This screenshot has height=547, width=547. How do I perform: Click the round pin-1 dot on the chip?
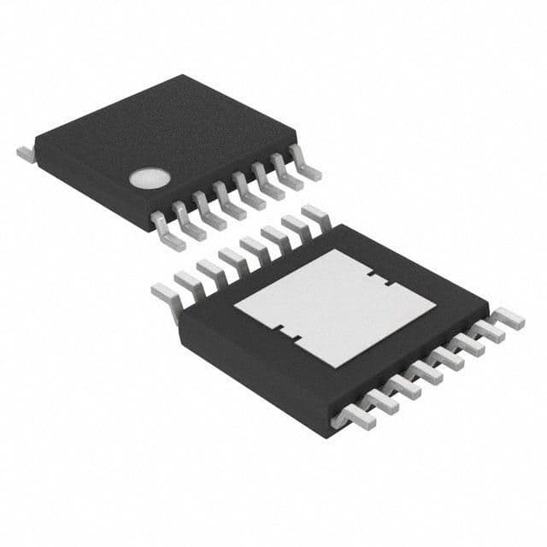tap(145, 178)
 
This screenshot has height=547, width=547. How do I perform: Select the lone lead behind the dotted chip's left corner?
tap(25, 153)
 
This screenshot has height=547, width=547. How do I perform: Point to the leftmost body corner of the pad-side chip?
tap(178, 309)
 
